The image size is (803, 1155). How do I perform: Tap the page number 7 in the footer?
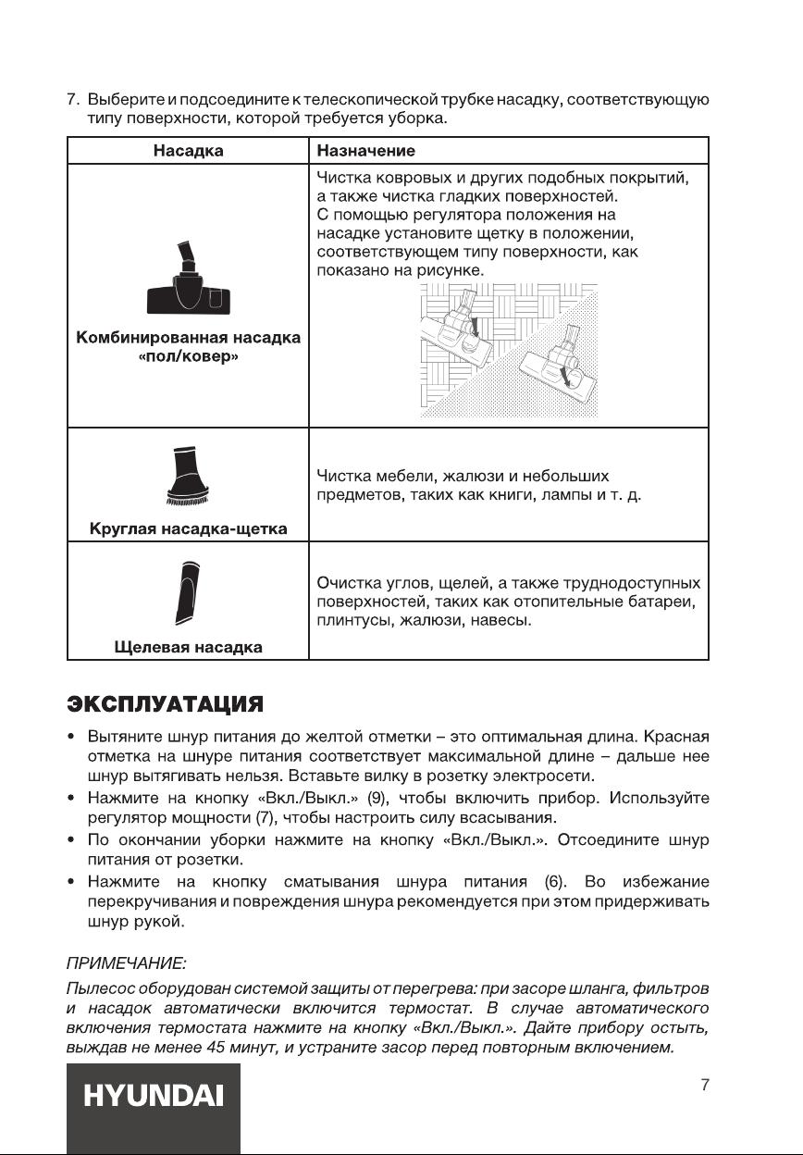tap(705, 1085)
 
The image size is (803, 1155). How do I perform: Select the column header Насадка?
tap(188, 150)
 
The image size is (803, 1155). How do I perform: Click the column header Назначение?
tap(365, 150)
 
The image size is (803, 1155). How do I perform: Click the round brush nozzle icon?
tap(187, 475)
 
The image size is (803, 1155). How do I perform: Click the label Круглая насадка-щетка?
tap(188, 529)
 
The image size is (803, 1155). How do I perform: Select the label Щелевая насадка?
tap(188, 647)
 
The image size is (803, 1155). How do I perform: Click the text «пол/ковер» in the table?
tap(188, 357)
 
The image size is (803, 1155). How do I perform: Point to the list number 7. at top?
tap(72, 100)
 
